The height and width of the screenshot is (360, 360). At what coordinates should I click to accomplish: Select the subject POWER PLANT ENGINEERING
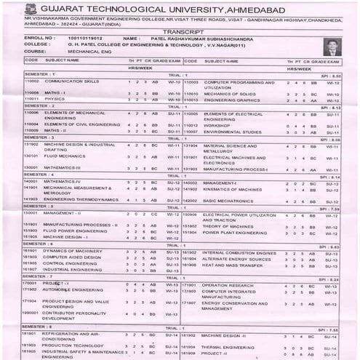(x=232, y=233)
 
